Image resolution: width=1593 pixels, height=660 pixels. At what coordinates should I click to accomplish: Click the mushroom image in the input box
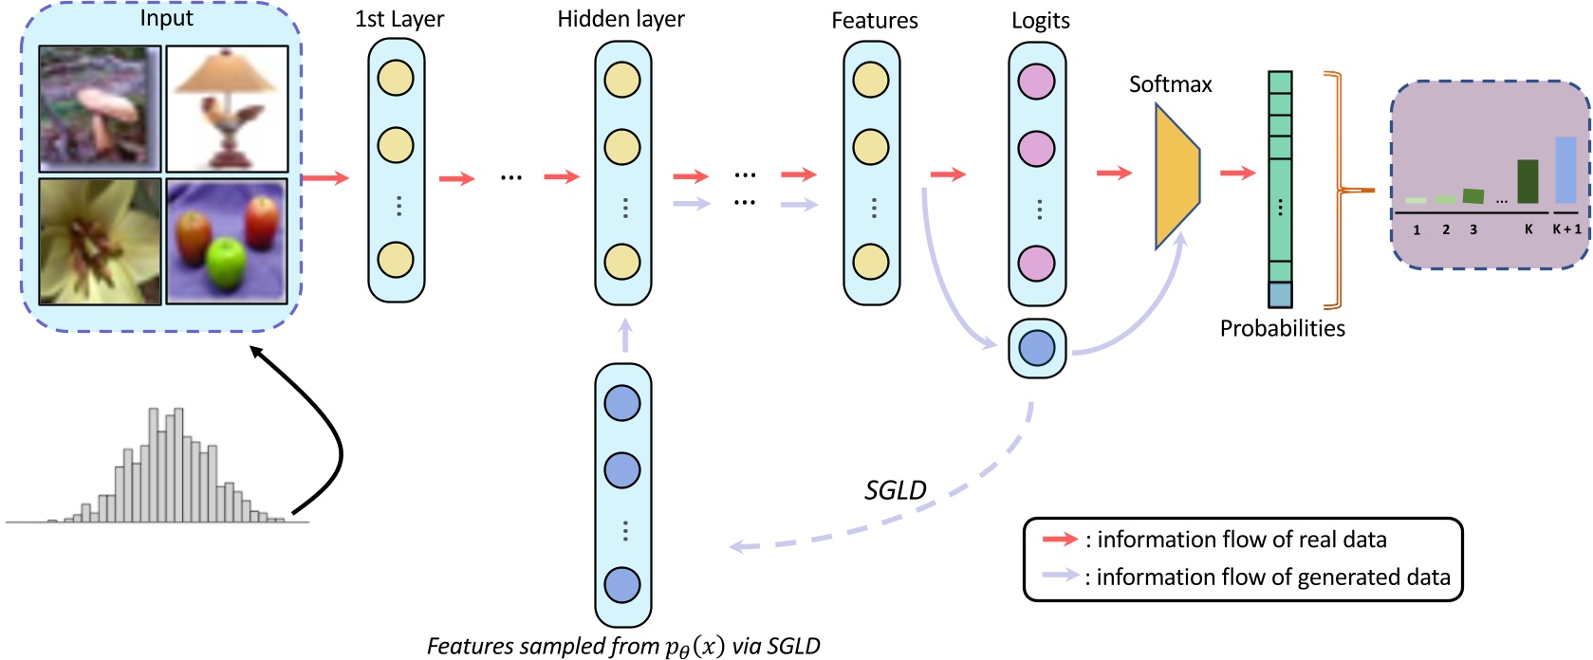click(100, 108)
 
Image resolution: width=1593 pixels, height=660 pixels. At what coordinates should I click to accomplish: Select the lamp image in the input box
click(227, 108)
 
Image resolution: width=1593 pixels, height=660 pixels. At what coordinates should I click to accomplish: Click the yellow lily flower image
click(100, 241)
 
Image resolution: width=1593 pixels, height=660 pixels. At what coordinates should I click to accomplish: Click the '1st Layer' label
click(398, 19)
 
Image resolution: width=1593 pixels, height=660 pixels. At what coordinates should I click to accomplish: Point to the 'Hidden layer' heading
click(621, 19)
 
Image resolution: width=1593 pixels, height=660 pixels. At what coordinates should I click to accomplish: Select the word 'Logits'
click(1040, 20)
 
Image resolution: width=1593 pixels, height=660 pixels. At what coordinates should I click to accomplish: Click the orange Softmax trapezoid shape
click(1176, 176)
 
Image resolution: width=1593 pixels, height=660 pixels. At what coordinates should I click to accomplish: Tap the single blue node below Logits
click(1036, 348)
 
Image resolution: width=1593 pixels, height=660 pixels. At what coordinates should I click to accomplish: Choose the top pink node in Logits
click(1036, 82)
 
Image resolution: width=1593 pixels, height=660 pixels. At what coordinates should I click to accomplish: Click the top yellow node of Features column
click(871, 80)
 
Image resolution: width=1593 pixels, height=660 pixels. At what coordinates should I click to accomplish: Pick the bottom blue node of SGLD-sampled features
click(622, 585)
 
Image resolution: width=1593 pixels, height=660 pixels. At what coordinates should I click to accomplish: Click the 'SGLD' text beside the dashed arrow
click(895, 490)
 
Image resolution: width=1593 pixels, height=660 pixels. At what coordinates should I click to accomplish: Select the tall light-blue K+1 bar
click(1565, 170)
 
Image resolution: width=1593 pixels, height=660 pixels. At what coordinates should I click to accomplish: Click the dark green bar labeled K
click(1527, 181)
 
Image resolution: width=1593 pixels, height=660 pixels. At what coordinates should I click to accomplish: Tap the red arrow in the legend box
click(1060, 540)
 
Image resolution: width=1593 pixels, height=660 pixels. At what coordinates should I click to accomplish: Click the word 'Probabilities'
click(1282, 328)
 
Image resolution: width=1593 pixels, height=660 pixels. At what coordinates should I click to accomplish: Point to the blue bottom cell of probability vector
click(1280, 295)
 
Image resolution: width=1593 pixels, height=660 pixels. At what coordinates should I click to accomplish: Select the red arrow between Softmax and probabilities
click(1237, 173)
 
